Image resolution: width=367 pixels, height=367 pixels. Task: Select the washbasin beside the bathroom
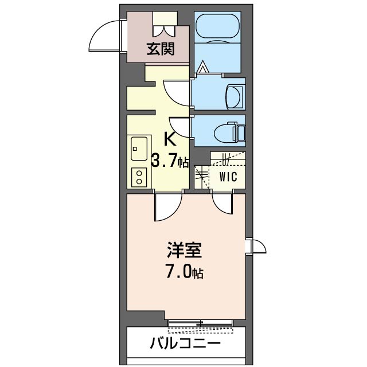pos(236,96)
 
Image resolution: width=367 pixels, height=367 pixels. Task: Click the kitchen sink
pos(138,150)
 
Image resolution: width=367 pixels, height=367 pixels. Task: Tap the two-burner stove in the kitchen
pos(138,177)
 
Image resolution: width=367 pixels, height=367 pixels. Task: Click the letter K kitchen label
pos(170,139)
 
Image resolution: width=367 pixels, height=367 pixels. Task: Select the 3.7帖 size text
pos(170,161)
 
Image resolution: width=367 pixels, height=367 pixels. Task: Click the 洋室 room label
pos(183,251)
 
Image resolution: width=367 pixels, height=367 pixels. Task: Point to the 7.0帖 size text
pos(183,272)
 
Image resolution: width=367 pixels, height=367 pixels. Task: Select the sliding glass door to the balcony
pos(200,323)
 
